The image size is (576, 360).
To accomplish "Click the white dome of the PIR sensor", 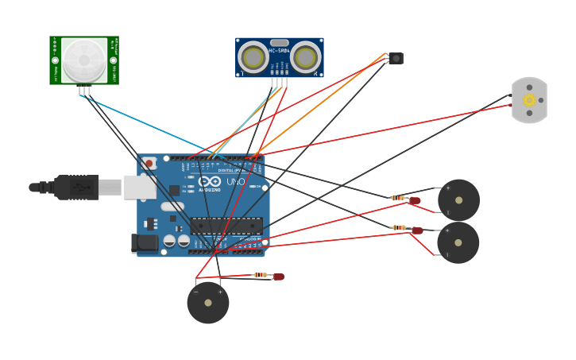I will click(x=83, y=60).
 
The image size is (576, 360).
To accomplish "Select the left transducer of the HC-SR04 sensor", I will click(x=253, y=57).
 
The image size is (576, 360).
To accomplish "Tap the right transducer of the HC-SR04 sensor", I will click(x=305, y=57).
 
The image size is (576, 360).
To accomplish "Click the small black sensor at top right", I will click(x=396, y=58).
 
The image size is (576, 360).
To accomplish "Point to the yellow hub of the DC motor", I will click(x=529, y=100).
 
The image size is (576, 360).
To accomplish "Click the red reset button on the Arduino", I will click(x=149, y=163).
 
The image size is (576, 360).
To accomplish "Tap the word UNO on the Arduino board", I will click(x=236, y=181).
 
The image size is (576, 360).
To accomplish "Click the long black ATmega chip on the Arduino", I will click(x=226, y=225).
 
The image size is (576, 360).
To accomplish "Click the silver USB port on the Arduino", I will click(x=140, y=187).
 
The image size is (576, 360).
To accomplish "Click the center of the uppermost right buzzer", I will click(x=458, y=200).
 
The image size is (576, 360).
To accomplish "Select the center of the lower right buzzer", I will click(x=458, y=242).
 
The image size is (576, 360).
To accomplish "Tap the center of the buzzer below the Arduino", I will click(x=208, y=303).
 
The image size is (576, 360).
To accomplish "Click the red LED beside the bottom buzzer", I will click(x=278, y=277).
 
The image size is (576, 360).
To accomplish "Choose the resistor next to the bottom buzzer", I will click(x=261, y=275).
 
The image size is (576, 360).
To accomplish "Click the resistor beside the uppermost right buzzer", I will click(x=398, y=198).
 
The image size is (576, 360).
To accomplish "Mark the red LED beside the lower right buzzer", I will click(x=417, y=230).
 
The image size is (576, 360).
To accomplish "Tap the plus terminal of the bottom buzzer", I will click(x=220, y=292).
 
